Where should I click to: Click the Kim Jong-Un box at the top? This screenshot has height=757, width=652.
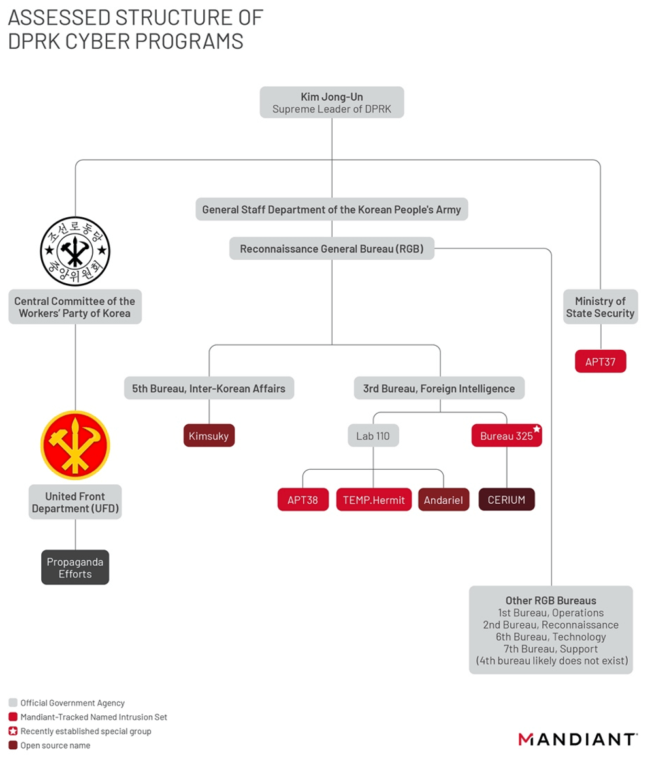[332, 102]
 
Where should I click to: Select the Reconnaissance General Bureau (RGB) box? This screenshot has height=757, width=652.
[332, 249]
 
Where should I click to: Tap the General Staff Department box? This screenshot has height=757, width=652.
[332, 209]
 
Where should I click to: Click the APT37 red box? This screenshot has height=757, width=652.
[600, 362]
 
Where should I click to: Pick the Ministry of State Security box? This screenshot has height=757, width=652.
[600, 307]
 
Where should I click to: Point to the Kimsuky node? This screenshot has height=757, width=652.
[209, 436]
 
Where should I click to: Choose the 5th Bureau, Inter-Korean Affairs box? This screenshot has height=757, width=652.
[209, 388]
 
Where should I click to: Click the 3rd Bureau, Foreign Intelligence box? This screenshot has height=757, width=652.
[439, 388]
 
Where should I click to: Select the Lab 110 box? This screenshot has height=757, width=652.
[373, 436]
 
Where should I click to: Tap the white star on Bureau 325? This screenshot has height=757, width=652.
[536, 429]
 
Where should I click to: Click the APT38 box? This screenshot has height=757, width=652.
[302, 500]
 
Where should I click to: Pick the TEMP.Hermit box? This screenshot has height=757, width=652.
[374, 500]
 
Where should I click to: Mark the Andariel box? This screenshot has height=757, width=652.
[443, 500]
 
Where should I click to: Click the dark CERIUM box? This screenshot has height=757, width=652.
[506, 500]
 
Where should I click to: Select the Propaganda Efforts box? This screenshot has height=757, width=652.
[75, 568]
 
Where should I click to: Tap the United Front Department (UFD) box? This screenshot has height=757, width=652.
[75, 502]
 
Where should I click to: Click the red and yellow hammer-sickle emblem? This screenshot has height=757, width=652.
[75, 445]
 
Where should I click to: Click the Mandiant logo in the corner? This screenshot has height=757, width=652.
[578, 739]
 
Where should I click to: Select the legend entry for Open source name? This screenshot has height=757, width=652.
[56, 745]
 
